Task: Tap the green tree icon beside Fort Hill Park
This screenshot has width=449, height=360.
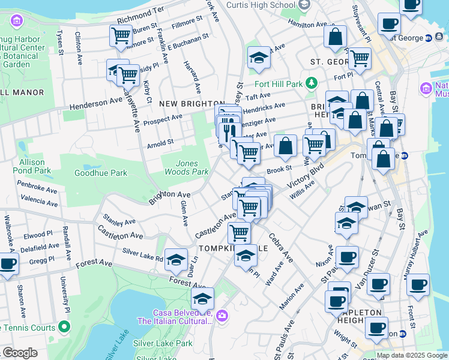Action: (x=311, y=83)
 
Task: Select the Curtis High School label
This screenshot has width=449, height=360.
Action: (x=261, y=5)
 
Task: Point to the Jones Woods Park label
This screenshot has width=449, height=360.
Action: (x=191, y=167)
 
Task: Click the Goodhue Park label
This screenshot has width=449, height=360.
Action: (x=101, y=173)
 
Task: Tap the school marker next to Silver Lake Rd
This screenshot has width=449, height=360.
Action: (x=176, y=259)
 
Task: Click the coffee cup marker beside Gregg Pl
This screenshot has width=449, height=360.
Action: (x=7, y=263)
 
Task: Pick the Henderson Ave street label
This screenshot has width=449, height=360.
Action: (x=96, y=104)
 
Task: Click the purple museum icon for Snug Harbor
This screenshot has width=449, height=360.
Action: (x=16, y=22)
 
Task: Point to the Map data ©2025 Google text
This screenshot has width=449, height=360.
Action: (x=411, y=355)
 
